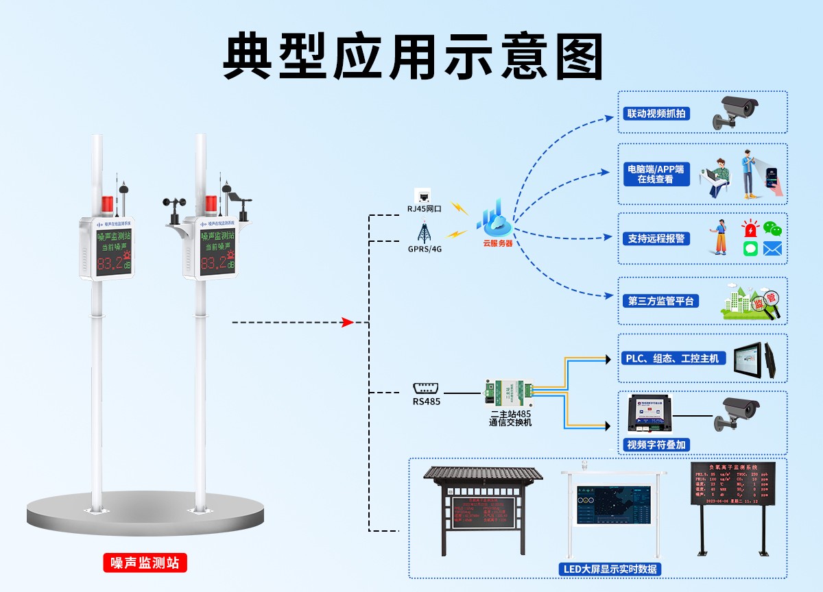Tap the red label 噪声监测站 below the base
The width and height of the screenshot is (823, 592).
point(145,563)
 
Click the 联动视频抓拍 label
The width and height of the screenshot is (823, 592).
point(656,114)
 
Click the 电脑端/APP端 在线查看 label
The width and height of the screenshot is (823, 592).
point(655,174)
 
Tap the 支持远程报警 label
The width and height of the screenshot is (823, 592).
point(656,238)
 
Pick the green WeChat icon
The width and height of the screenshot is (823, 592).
point(773,229)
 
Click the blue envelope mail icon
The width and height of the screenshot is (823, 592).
point(773,248)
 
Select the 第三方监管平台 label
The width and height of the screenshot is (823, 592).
point(660,301)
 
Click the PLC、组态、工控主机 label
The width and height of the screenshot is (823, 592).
point(675,358)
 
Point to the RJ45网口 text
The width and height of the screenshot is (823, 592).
point(424,208)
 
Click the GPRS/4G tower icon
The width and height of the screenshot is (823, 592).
point(424,231)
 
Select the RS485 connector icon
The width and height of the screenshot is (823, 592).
point(426,388)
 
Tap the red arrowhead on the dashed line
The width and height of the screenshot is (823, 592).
point(348,322)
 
